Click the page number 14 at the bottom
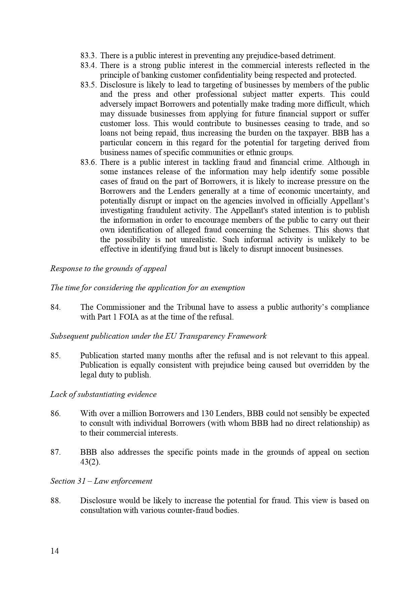(x=54, y=551)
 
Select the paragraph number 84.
(x=55, y=307)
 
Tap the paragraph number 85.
(x=55, y=356)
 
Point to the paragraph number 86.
(x=55, y=413)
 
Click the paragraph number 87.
(x=55, y=452)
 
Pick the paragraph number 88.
(x=55, y=501)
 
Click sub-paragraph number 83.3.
(x=89, y=56)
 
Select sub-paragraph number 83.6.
(x=89, y=162)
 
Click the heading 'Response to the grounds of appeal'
(x=108, y=268)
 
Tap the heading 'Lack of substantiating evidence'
(x=103, y=394)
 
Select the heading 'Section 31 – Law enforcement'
(x=101, y=481)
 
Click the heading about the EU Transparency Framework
(x=158, y=336)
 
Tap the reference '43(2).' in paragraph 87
(x=90, y=462)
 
